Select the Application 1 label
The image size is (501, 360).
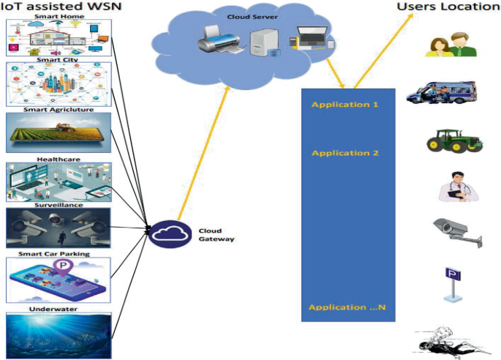[x=344, y=105]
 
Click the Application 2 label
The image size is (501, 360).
[x=344, y=154]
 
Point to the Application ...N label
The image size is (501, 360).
[x=347, y=307]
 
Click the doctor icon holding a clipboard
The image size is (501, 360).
[x=456, y=186]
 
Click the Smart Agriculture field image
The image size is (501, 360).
[x=59, y=132]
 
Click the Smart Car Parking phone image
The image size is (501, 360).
[x=59, y=280]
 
